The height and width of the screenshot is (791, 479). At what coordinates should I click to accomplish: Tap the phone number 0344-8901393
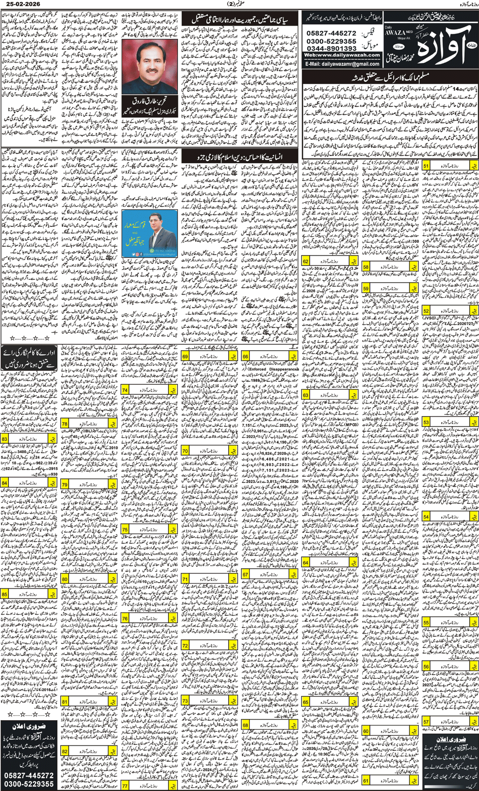point(331,48)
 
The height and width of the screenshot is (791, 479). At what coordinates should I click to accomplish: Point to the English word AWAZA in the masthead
point(395,32)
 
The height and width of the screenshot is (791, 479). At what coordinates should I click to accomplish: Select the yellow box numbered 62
point(306,261)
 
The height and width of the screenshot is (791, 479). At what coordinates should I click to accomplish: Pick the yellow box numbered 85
point(4,594)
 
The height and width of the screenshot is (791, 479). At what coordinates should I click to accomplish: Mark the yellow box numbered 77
point(125,786)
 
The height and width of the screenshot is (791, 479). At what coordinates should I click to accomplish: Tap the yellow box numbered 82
point(64,751)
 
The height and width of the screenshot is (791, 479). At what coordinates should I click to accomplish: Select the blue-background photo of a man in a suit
point(149,233)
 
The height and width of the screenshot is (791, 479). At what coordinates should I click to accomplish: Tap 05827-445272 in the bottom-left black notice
point(29,775)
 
